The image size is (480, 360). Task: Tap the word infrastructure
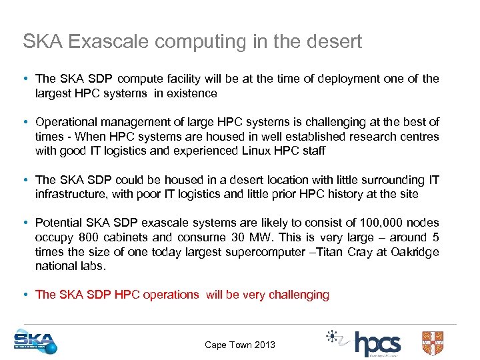(x=71, y=194)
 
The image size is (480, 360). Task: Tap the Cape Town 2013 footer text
(x=239, y=345)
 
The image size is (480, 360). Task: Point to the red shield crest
(x=433, y=343)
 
